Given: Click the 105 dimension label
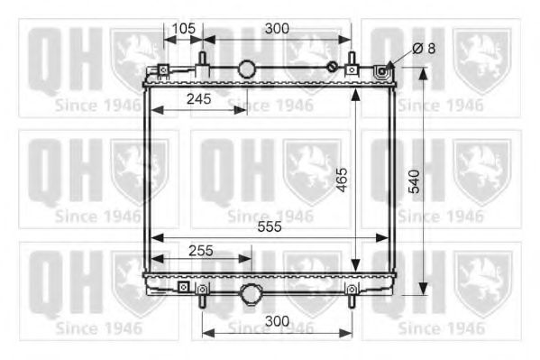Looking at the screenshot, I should pyautogui.click(x=183, y=28).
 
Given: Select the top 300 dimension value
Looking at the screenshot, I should pyautogui.click(x=277, y=28).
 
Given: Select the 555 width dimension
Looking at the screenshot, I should pyautogui.click(x=269, y=226).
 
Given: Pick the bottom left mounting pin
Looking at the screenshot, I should pyautogui.click(x=203, y=293).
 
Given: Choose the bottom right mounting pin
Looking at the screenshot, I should pyautogui.click(x=352, y=291).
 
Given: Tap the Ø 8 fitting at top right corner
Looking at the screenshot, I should pyautogui.click(x=383, y=70).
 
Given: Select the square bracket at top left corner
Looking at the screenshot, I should pyautogui.click(x=163, y=71).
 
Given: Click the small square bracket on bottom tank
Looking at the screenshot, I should pyautogui.click(x=184, y=288).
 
